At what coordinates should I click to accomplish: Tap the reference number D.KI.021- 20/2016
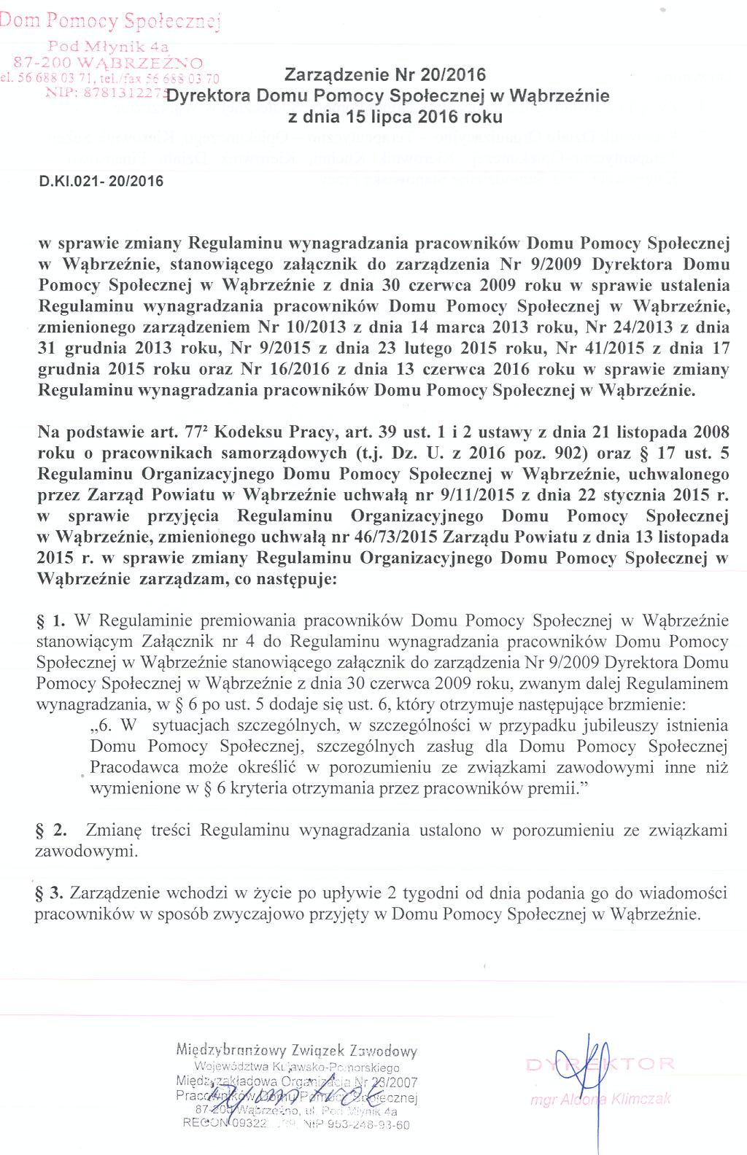pos(101,181)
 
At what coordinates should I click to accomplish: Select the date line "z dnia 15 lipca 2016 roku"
pos(395,117)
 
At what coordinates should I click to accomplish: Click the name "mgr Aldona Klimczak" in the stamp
pos(601,1099)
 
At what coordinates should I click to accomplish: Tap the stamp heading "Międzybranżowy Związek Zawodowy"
pos(296,1051)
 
